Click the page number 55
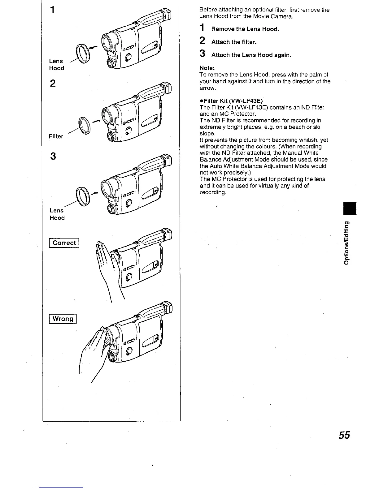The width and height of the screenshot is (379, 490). pyautogui.click(x=344, y=435)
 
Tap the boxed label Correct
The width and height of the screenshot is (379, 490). pyautogui.click(x=64, y=243)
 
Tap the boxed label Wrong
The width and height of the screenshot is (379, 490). pyautogui.click(x=63, y=319)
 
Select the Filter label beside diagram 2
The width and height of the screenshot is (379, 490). pyautogui.click(x=56, y=136)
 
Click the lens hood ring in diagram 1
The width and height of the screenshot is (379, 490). pyautogui.click(x=83, y=54)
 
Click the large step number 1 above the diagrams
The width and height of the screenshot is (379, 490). pyautogui.click(x=53, y=10)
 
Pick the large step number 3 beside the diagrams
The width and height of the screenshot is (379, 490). pyautogui.click(x=53, y=157)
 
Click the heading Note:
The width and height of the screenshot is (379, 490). pyautogui.click(x=207, y=68)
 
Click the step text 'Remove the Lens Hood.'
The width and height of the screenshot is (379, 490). pyautogui.click(x=245, y=29)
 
